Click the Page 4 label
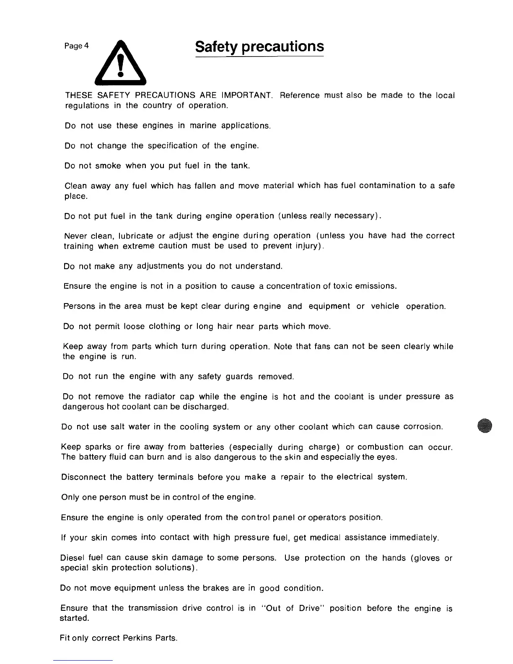[76, 46]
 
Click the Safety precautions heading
[259, 47]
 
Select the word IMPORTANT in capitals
[247, 95]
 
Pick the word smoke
[108, 166]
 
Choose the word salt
[117, 427]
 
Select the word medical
[326, 538]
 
